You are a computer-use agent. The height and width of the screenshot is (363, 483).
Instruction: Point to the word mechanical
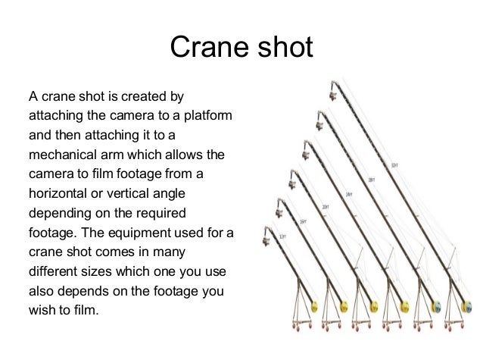coord(60,155)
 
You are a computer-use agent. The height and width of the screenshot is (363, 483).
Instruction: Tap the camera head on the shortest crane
coord(266,236)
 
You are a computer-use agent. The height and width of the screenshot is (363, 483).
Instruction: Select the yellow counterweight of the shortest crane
coord(316,307)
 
